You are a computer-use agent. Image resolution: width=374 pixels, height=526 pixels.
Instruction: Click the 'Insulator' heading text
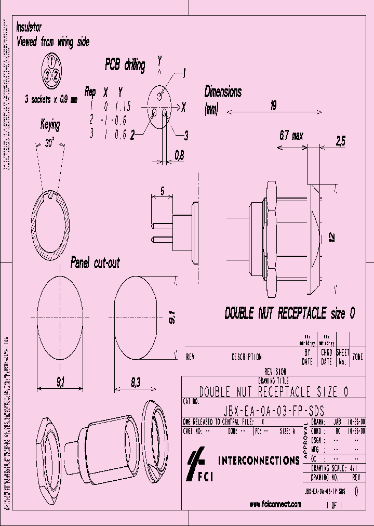coord(29,28)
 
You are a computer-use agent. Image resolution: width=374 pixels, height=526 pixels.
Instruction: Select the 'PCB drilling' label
coord(125,64)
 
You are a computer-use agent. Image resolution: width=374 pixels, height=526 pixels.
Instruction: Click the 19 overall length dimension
coord(274,106)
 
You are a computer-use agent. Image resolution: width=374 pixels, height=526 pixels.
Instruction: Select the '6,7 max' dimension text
coord(290,136)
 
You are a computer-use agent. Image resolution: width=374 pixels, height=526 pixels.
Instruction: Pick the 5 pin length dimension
coord(162,191)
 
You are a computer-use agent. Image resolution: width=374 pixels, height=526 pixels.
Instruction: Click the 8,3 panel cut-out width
coord(136,383)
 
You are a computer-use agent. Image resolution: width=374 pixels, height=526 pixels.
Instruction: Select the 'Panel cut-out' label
coord(95,263)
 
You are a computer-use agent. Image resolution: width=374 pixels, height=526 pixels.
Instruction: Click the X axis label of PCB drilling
coord(183,107)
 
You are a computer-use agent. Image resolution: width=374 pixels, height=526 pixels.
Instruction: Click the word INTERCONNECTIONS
coord(258,460)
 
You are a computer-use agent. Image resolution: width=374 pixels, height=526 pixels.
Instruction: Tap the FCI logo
coord(200,465)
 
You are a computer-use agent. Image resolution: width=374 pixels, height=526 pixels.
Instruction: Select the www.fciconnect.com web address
coord(275,504)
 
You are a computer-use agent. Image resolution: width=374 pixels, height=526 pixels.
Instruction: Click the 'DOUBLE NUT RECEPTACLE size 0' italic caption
coord(290,313)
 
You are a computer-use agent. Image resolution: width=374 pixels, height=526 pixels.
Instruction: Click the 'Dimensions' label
coord(223,93)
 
